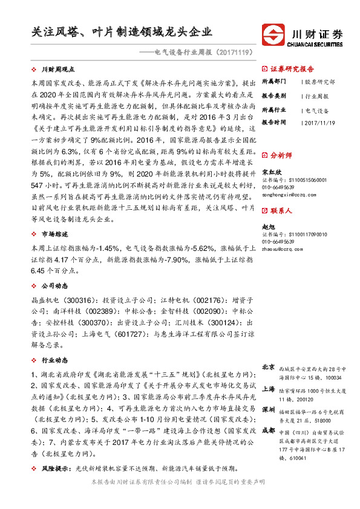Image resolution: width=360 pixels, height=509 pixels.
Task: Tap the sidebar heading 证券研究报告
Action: [292, 69]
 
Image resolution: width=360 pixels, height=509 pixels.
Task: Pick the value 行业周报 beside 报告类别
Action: [317, 96]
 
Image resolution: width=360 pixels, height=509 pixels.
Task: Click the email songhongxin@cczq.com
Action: [286, 195]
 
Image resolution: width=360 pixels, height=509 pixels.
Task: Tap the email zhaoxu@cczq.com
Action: [282, 248]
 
